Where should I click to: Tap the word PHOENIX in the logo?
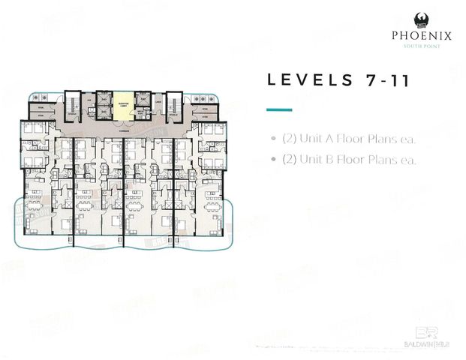[x=419, y=34]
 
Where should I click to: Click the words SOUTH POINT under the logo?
[x=420, y=46]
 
